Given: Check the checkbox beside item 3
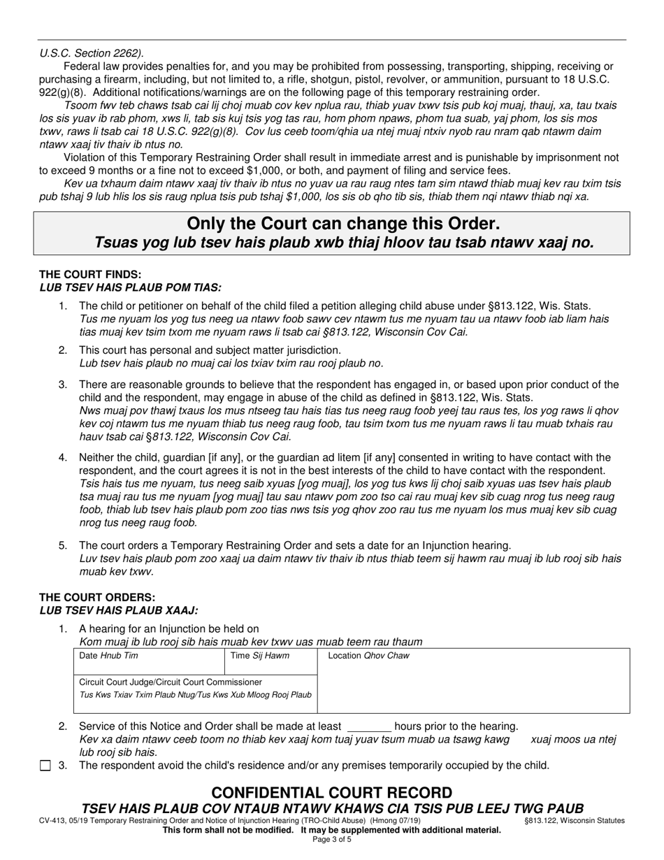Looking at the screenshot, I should (x=45, y=766).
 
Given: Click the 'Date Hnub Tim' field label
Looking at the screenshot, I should (x=108, y=656).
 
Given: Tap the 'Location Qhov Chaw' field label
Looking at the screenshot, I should (x=368, y=656).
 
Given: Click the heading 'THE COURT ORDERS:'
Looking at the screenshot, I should (x=97, y=598).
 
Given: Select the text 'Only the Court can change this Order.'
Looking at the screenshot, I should (x=343, y=224).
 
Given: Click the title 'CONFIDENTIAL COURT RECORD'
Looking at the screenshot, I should (x=331, y=793).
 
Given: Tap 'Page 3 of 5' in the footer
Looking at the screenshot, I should (x=331, y=840).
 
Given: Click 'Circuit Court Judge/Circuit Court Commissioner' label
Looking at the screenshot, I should (x=171, y=682).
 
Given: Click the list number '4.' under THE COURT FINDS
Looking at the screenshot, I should (x=63, y=458).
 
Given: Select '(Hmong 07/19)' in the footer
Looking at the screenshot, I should (x=394, y=821).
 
